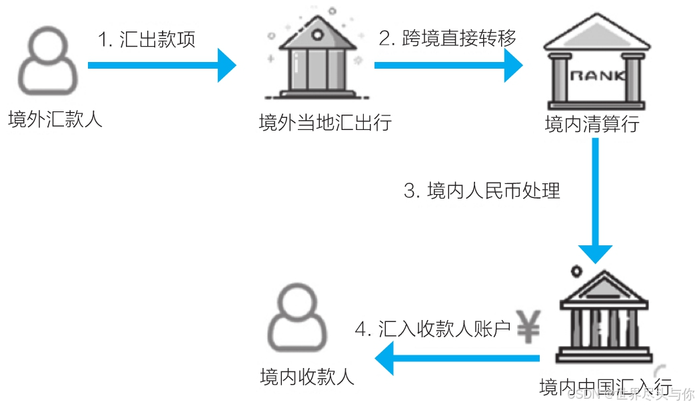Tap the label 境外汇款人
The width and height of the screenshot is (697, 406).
coord(55,119)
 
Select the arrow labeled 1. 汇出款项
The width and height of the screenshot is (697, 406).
coord(162,65)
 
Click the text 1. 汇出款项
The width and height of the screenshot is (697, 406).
coord(147,39)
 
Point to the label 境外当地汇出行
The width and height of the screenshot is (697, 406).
coord(325,123)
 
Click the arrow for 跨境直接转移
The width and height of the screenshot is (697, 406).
coord(448,65)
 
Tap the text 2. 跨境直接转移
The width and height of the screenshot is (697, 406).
coord(447,39)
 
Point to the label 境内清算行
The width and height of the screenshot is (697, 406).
coord(592,124)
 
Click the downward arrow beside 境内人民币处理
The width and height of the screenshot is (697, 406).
coord(595,200)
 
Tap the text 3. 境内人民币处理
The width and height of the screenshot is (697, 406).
coord(482,191)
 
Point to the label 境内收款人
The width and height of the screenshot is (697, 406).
coord(307,377)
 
